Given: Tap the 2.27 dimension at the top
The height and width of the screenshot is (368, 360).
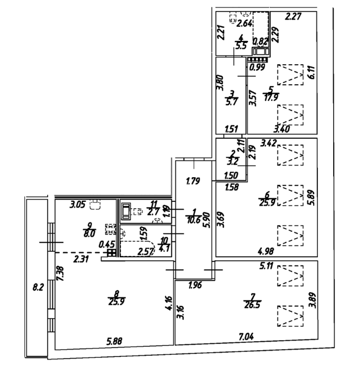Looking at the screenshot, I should coord(293,17).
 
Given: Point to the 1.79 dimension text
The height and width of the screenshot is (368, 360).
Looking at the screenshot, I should coord(194,183).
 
